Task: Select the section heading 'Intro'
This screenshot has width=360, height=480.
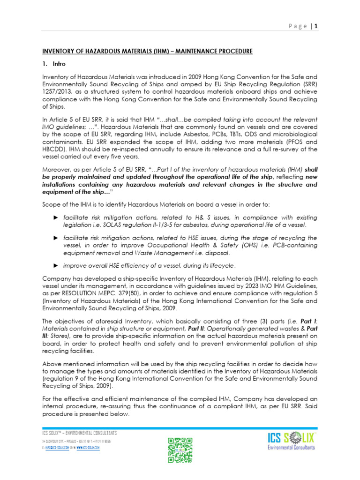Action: click(60, 64)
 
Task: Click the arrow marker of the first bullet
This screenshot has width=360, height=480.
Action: click(56, 218)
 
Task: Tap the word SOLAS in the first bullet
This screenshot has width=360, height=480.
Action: click(114, 225)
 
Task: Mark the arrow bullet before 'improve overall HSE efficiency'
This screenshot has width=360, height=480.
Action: click(56, 265)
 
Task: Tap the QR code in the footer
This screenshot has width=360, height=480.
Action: click(180, 450)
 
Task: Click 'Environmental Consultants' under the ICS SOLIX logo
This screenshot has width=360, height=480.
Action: click(291, 448)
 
